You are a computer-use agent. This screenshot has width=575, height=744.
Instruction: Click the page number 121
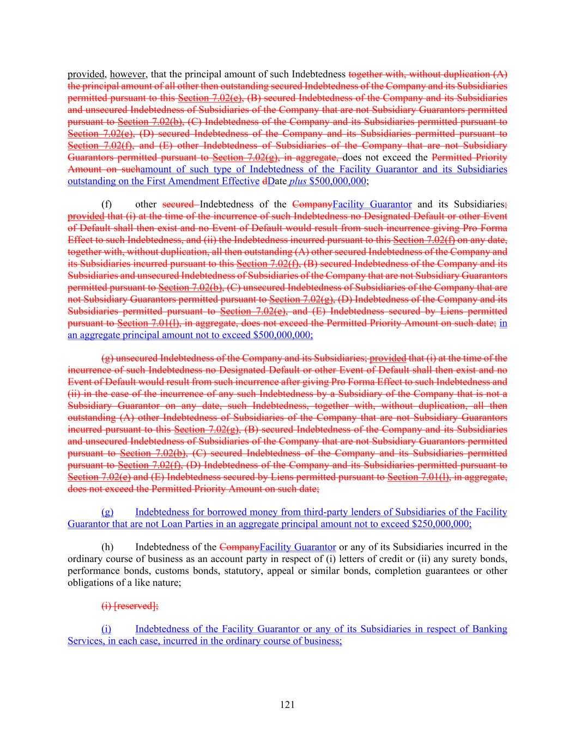point(287,705)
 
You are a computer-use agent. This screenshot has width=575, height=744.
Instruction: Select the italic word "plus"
point(297,181)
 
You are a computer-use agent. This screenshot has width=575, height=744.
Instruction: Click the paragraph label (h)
point(108,547)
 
